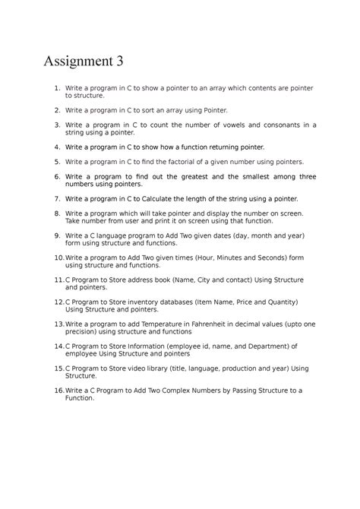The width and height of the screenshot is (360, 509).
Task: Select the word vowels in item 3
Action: pyautogui.click(x=215, y=125)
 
